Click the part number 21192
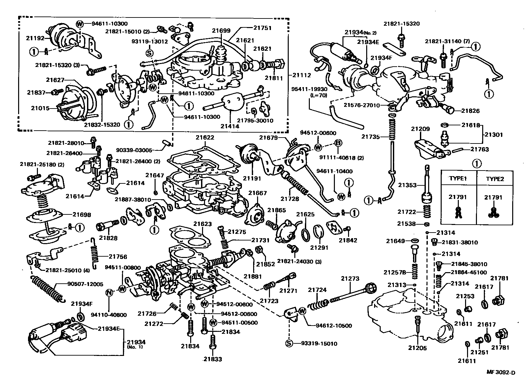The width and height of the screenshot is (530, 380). point(35,38)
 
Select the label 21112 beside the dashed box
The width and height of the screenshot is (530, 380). point(302,75)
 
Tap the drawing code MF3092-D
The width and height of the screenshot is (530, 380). point(501,373)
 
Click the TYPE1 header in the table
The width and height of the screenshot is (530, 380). point(458,179)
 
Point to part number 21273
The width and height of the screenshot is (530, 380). point(350,279)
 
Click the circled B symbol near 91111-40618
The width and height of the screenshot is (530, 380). point(338,143)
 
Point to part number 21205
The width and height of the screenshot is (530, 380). point(417,348)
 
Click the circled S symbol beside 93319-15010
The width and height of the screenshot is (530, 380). point(289,344)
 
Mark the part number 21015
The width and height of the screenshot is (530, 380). point(40,108)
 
